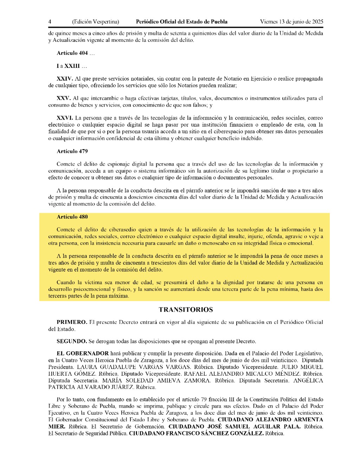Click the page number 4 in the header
[50, 22]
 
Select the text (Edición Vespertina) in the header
[96, 22]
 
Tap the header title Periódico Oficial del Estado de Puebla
[181, 22]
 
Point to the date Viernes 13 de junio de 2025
[291, 22]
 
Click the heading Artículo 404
[72, 53]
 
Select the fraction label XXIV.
[65, 79]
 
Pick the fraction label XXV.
[64, 98]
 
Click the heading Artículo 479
[72, 151]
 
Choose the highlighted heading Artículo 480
[72, 217]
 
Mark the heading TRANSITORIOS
[186, 310]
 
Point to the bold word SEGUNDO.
[72, 341]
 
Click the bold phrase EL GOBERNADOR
[83, 353]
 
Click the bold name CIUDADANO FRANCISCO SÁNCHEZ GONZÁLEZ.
[196, 433]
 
